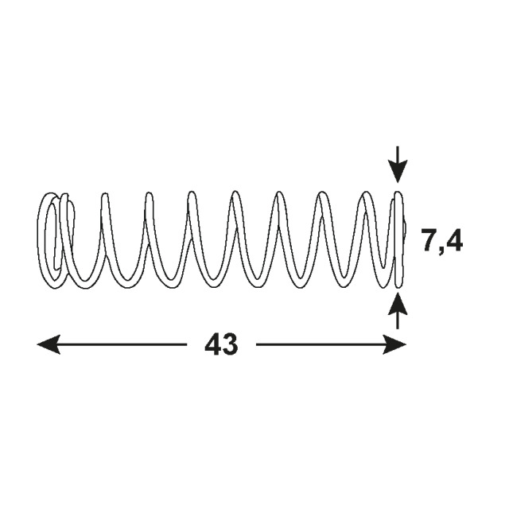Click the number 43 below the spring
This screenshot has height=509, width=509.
click(221, 344)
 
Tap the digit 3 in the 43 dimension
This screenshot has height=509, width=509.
click(230, 344)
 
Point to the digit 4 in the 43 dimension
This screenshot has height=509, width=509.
click(213, 344)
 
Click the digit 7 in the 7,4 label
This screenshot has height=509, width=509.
click(429, 240)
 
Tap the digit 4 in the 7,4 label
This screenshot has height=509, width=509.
click(455, 240)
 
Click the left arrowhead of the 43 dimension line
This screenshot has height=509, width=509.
click(49, 344)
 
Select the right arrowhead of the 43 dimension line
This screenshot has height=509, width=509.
click(394, 344)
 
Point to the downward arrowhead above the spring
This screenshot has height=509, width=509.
click(398, 172)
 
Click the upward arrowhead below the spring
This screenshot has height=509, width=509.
click(398, 304)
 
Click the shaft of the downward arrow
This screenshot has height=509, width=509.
click(398, 153)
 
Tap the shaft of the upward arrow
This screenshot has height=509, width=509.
click(398, 322)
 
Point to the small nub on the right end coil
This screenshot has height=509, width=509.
click(405, 228)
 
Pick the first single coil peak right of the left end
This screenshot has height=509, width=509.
click(104, 196)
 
